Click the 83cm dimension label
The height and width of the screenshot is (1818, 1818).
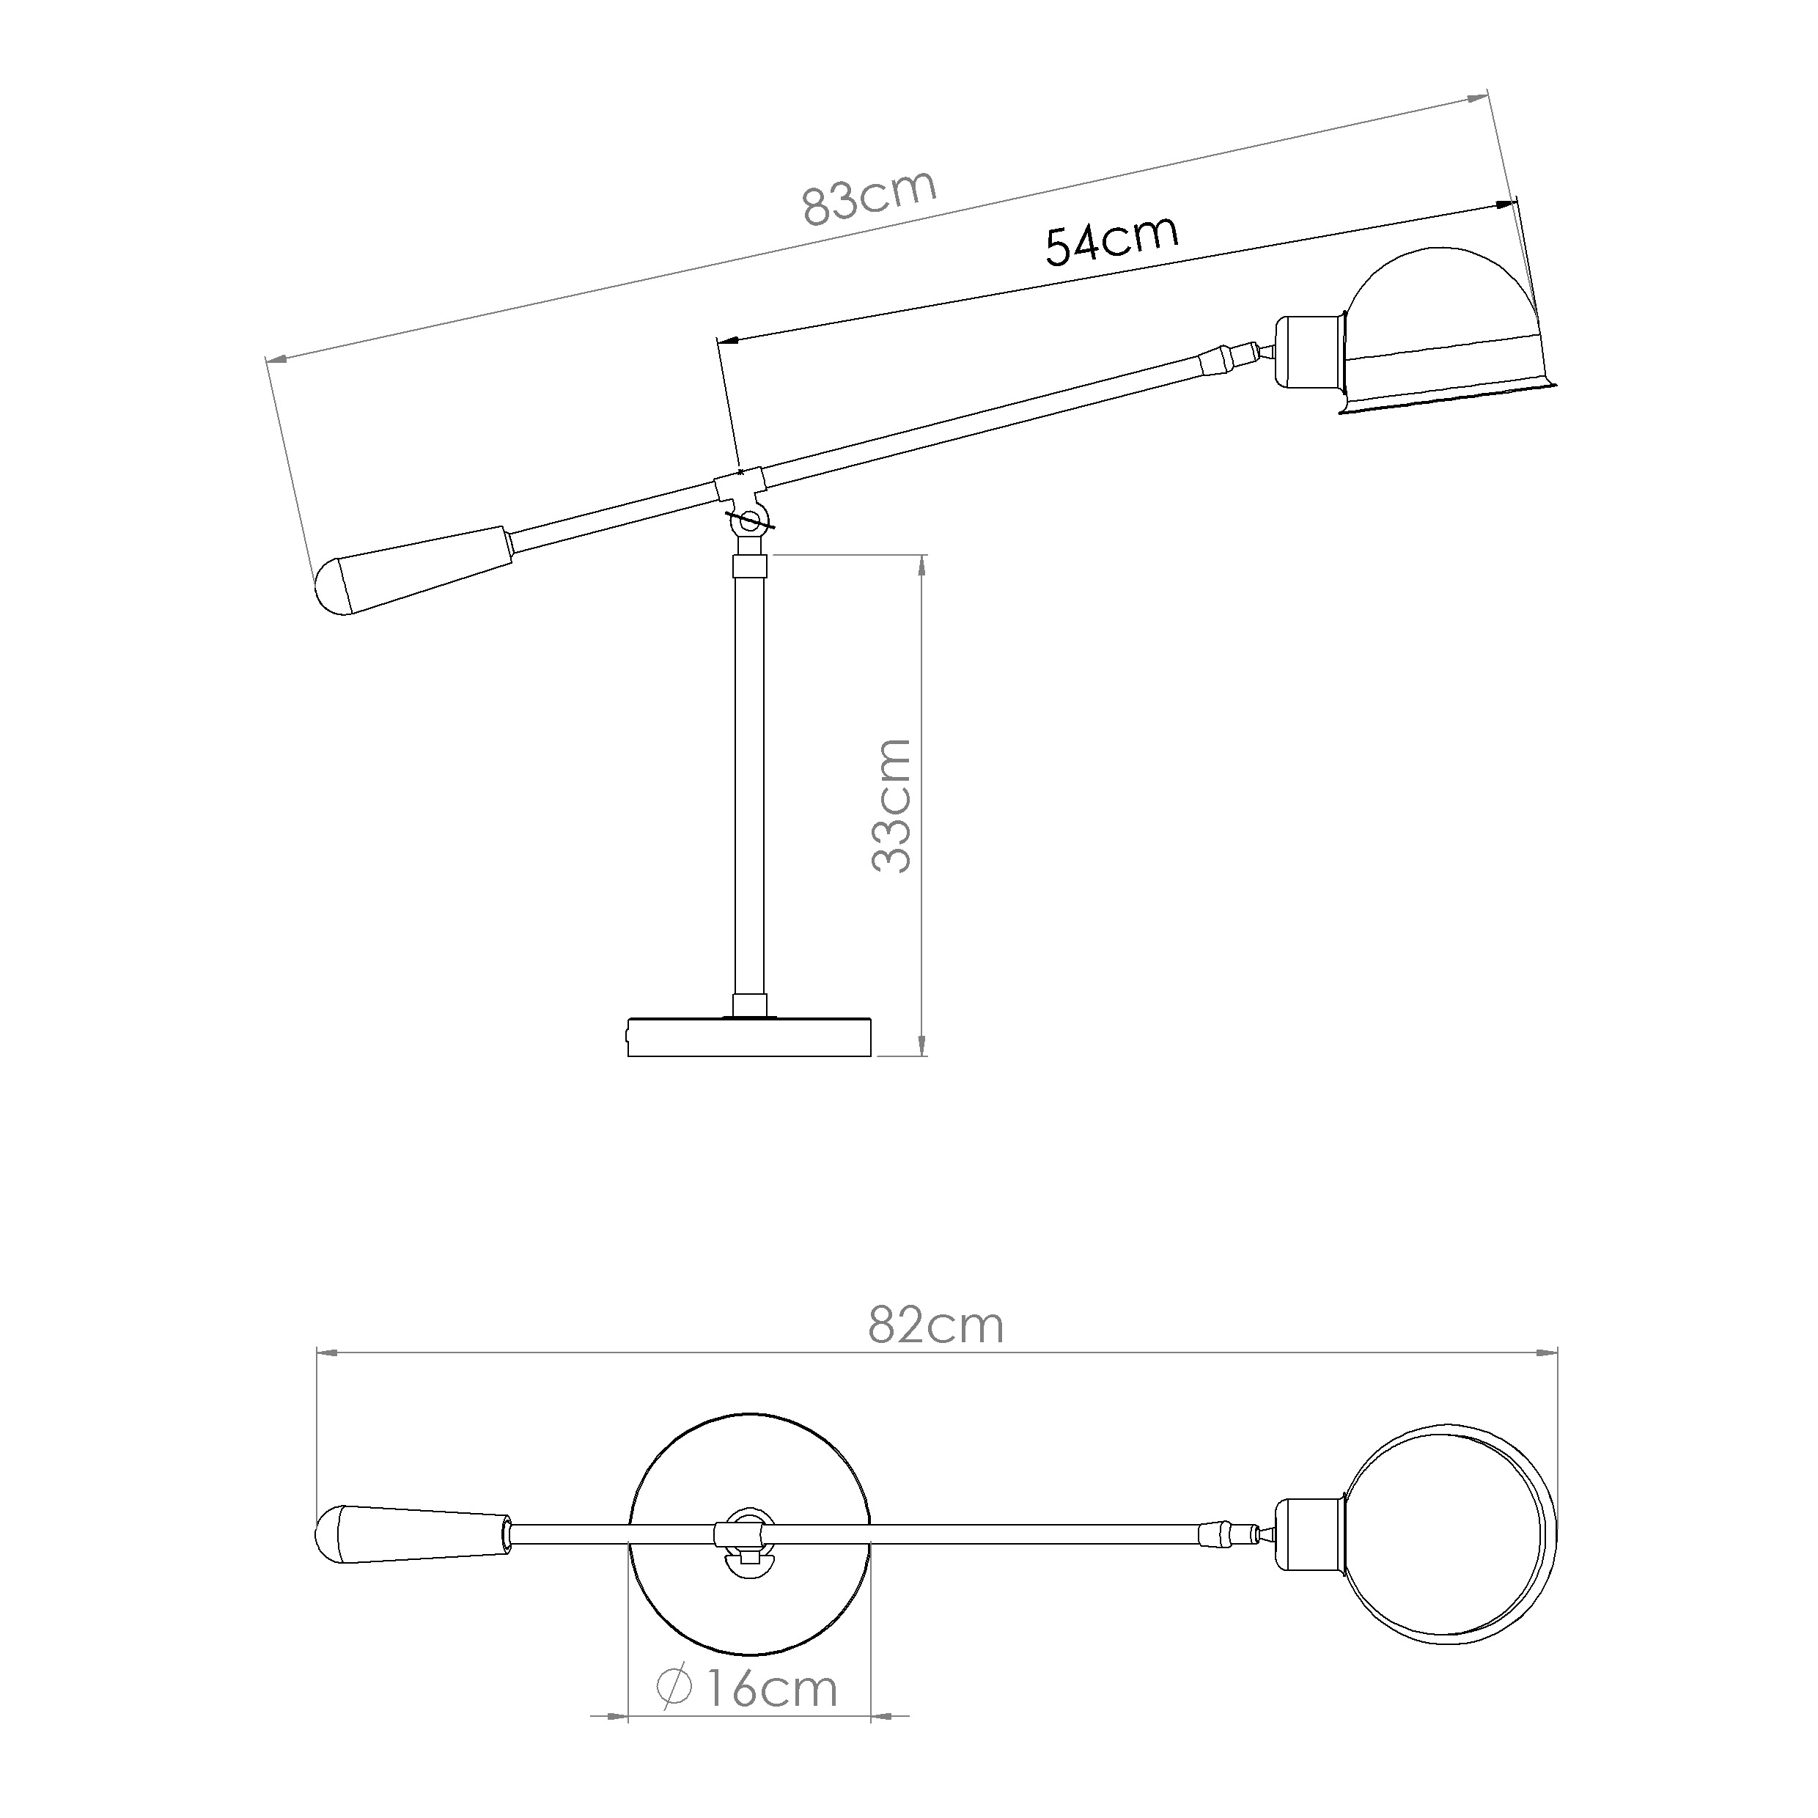tap(869, 198)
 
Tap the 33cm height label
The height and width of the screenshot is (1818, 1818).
tap(891, 806)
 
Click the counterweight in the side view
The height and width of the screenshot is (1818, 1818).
tap(413, 570)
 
